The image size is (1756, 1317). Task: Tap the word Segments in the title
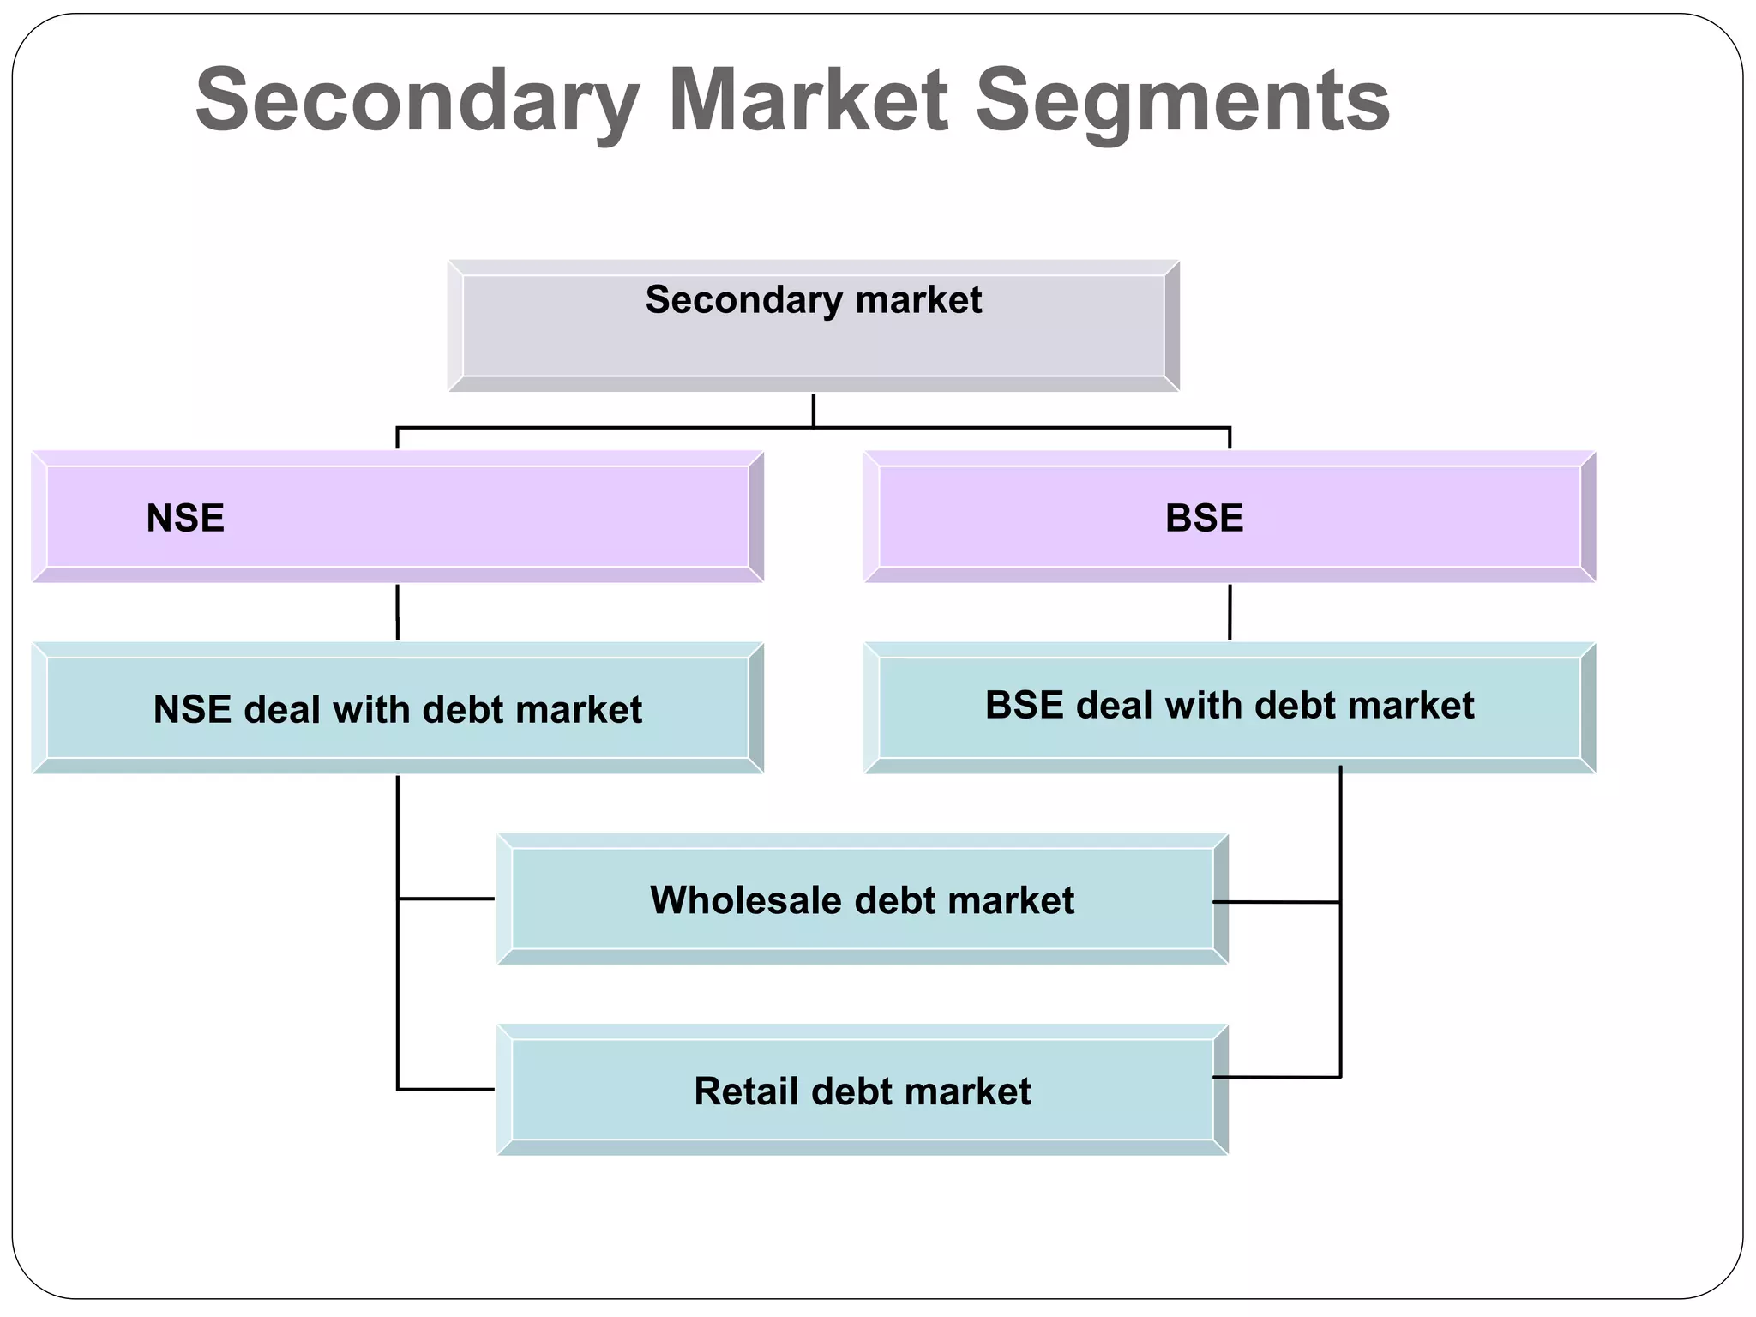(x=1182, y=101)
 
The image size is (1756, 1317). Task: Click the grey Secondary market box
(x=813, y=327)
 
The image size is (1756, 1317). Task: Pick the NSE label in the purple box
(x=185, y=519)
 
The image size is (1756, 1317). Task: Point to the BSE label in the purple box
(x=1204, y=519)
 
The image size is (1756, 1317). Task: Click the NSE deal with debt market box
(x=397, y=709)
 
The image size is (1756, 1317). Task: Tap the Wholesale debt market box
(x=862, y=899)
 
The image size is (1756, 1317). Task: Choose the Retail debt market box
(x=862, y=1091)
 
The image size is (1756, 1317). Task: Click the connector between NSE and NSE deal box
(x=398, y=612)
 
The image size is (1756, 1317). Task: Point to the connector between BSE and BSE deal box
(x=1230, y=612)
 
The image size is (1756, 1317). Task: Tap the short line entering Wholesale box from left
(x=446, y=899)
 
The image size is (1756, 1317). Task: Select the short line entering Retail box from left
(x=446, y=1090)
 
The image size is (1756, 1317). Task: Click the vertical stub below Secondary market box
(x=813, y=410)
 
